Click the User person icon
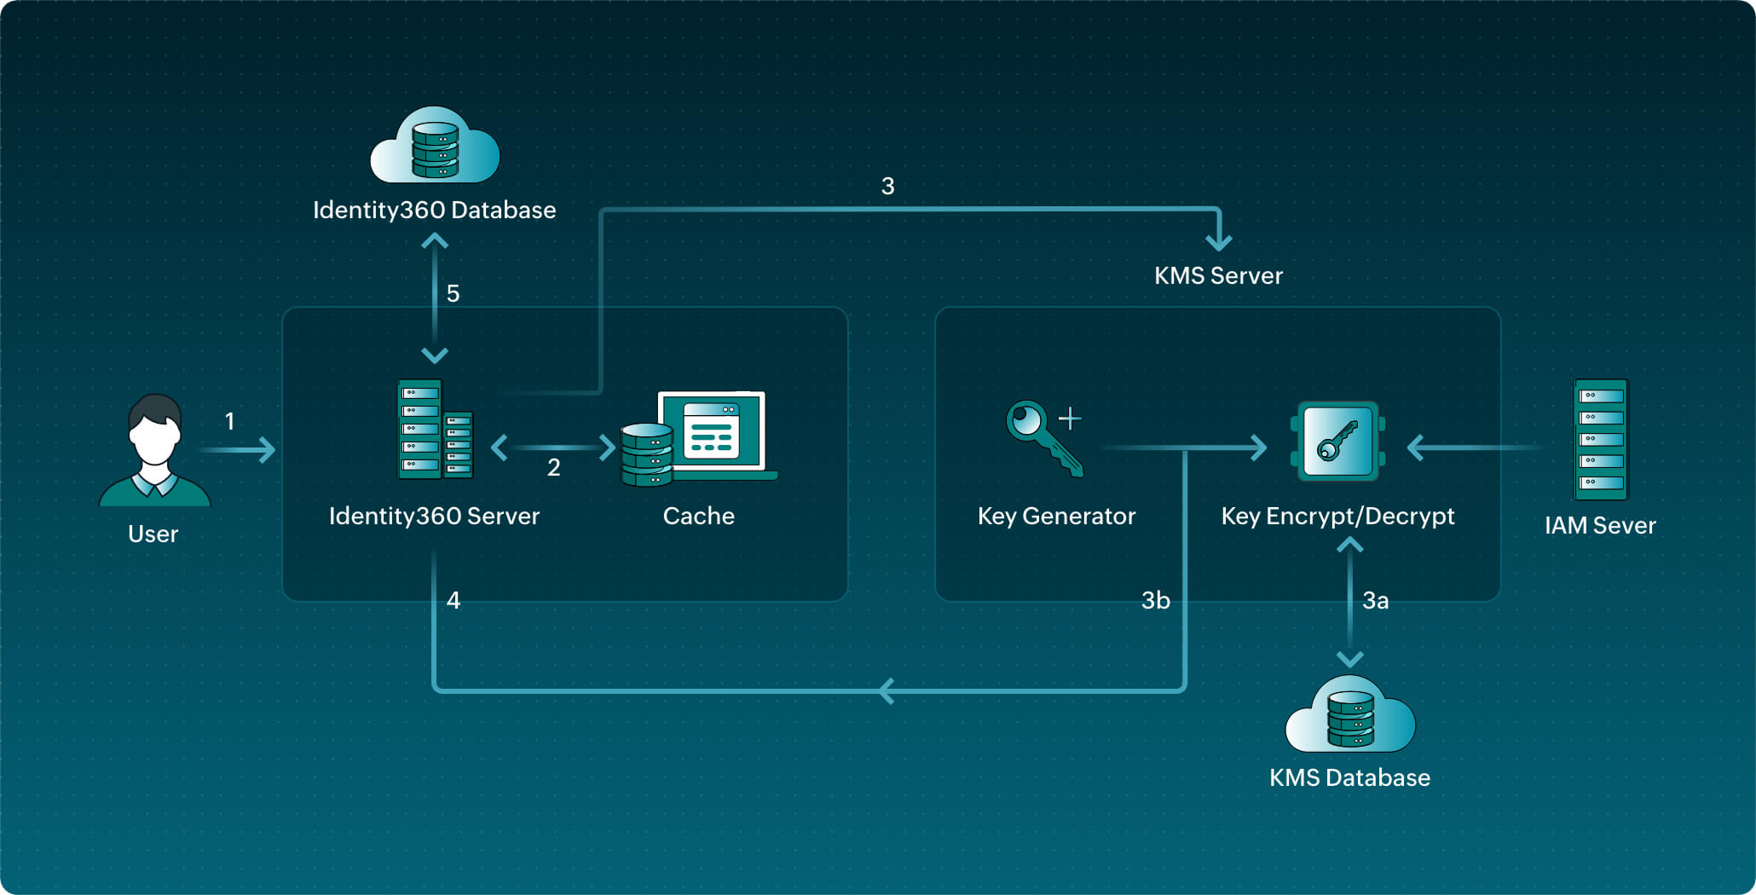[x=154, y=451]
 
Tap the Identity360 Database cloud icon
[x=435, y=146]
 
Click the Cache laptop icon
[x=700, y=438]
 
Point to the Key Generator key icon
[x=1042, y=437]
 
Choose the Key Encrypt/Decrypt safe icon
[x=1337, y=442]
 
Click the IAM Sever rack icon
[x=1600, y=439]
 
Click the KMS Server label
[x=1218, y=275]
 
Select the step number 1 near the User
[x=229, y=421]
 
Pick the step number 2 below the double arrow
[x=554, y=467]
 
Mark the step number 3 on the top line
[x=887, y=187]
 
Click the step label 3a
[x=1375, y=601]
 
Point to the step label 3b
[x=1155, y=601]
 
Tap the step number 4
[x=453, y=601]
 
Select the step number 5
[x=453, y=294]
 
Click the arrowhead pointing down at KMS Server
[x=1219, y=242]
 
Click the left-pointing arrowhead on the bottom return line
[x=886, y=690]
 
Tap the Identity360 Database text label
[x=434, y=210]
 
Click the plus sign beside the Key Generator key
[x=1070, y=419]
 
